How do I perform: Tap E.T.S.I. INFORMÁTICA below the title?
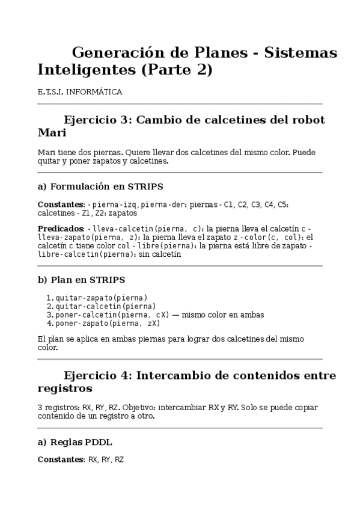[80, 92]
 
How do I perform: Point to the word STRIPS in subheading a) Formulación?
[144, 186]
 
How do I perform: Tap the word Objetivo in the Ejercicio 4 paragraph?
[144, 407]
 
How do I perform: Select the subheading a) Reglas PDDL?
[75, 443]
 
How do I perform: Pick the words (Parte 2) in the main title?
[177, 70]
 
